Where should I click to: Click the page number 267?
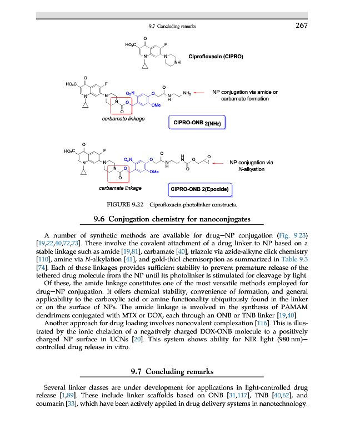301,26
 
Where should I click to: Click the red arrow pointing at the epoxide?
221,163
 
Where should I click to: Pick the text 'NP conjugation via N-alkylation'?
251,165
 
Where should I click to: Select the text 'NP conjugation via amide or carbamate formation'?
245,95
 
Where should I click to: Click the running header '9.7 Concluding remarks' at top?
173,26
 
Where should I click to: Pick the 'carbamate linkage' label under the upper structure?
123,119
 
